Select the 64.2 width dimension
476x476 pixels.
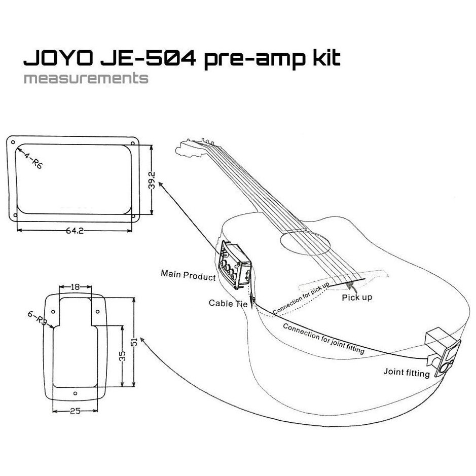[x=75, y=231]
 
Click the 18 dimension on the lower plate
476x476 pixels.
[x=75, y=287]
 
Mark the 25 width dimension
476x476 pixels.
[x=75, y=411]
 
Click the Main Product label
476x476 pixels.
[x=188, y=274]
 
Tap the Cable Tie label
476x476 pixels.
[x=228, y=303]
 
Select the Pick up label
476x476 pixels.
[x=357, y=297]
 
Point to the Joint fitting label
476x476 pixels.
[x=407, y=374]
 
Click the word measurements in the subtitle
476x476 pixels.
[x=86, y=79]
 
